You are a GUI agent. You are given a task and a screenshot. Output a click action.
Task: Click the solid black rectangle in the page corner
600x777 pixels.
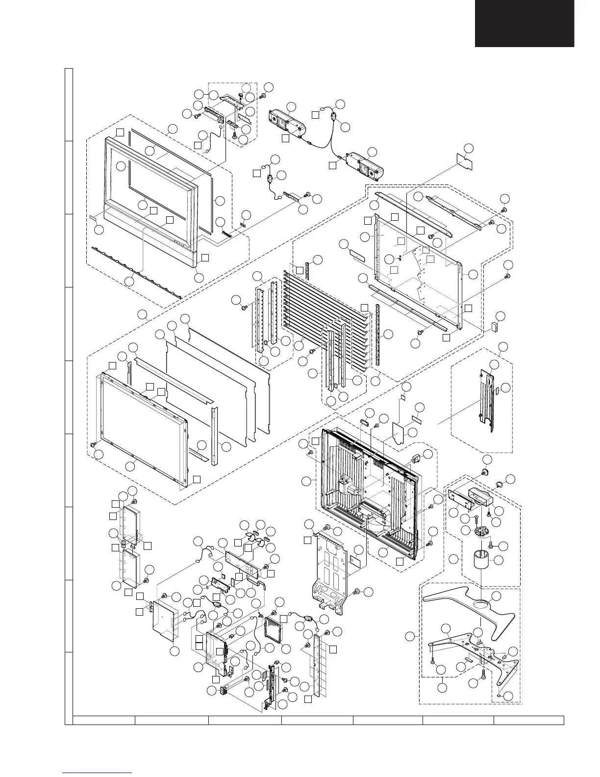524,23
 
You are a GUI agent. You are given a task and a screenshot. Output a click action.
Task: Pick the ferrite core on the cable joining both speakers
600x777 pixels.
334,117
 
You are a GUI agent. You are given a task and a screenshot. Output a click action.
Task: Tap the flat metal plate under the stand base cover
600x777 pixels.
471,652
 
